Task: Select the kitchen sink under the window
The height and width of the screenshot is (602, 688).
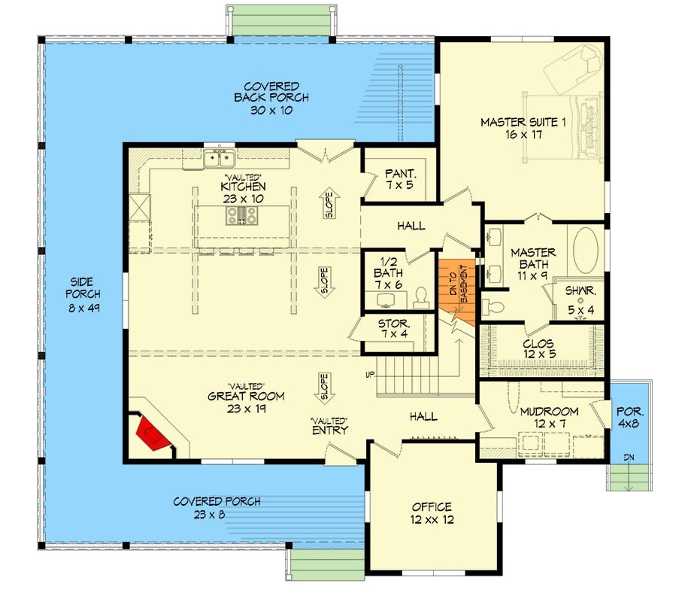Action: point(220,158)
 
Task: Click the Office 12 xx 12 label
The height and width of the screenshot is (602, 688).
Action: point(432,513)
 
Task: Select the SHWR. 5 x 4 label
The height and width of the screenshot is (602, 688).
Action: point(577,294)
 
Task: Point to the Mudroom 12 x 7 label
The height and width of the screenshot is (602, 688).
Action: point(549,418)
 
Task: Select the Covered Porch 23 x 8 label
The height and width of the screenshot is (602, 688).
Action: point(217,508)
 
